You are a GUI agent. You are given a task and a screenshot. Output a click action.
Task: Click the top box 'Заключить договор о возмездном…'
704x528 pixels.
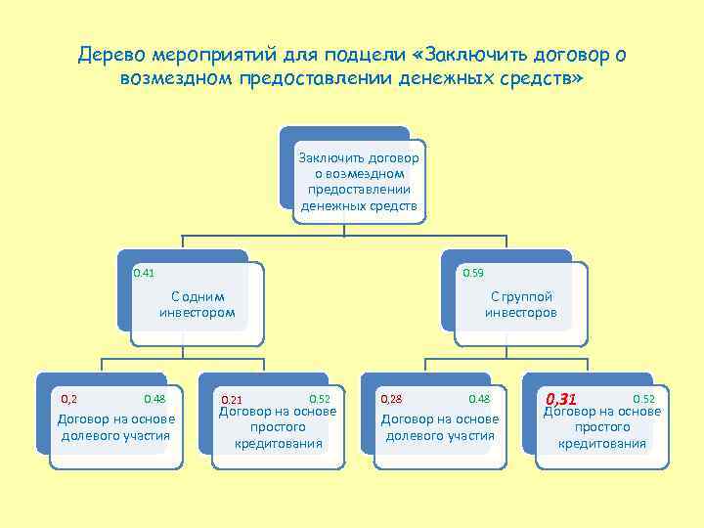pyautogui.click(x=359, y=181)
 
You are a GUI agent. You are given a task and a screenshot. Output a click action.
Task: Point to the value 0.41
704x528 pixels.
pyautogui.click(x=144, y=273)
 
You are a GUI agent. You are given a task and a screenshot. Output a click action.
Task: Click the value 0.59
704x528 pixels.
pyautogui.click(x=472, y=273)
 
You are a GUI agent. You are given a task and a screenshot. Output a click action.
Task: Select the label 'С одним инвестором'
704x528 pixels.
pyautogui.click(x=198, y=305)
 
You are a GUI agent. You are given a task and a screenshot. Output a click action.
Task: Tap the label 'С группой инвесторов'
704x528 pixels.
pyautogui.click(x=521, y=305)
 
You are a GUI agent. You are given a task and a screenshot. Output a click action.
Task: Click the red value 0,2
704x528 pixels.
pyautogui.click(x=69, y=399)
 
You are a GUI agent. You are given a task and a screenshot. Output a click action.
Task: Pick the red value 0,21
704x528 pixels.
pyautogui.click(x=231, y=400)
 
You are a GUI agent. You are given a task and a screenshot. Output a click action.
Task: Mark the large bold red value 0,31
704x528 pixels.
pyautogui.click(x=563, y=399)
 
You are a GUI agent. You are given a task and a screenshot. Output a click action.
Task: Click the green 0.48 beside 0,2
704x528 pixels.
pyautogui.click(x=154, y=399)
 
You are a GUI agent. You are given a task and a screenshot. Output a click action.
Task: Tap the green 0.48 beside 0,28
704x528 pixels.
pyautogui.click(x=479, y=399)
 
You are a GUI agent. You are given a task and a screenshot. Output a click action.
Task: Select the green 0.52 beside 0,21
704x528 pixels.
pyautogui.click(x=320, y=399)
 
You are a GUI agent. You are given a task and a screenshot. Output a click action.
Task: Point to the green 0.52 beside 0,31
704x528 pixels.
pyautogui.click(x=644, y=399)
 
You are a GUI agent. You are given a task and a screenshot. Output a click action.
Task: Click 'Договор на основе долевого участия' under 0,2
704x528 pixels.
pyautogui.click(x=115, y=427)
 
